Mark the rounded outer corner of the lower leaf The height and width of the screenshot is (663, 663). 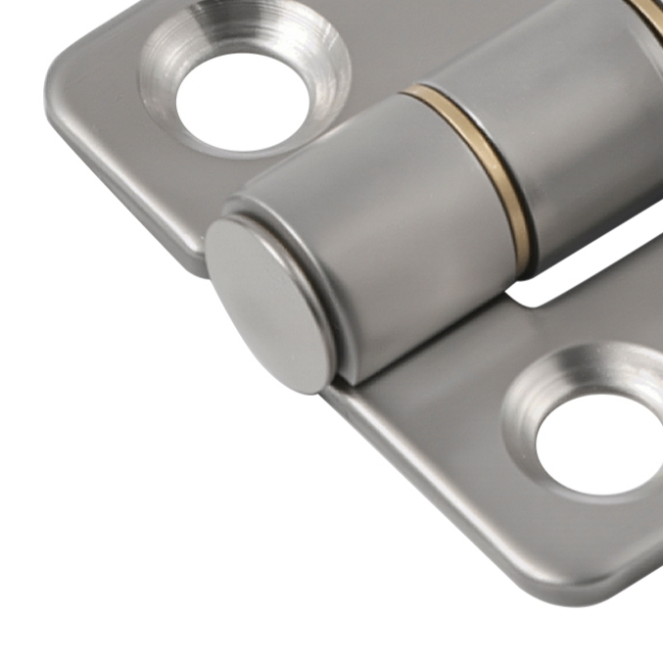tap(607, 578)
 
